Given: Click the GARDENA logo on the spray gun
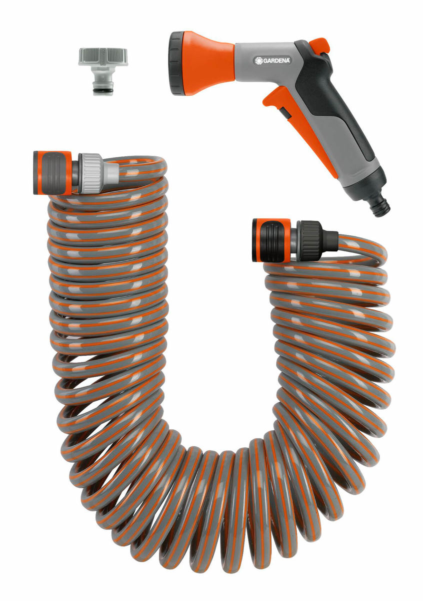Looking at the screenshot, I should pos(272,61).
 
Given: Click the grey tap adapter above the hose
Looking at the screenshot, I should pos(103,70).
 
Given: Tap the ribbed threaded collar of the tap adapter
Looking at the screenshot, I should pos(103,57).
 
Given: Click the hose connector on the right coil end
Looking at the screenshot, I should pos(290,240).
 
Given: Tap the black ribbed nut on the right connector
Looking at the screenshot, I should pos(311,240).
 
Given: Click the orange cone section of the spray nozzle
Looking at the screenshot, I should pos(210,63).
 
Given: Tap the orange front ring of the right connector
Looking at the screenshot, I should pos(256,240).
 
